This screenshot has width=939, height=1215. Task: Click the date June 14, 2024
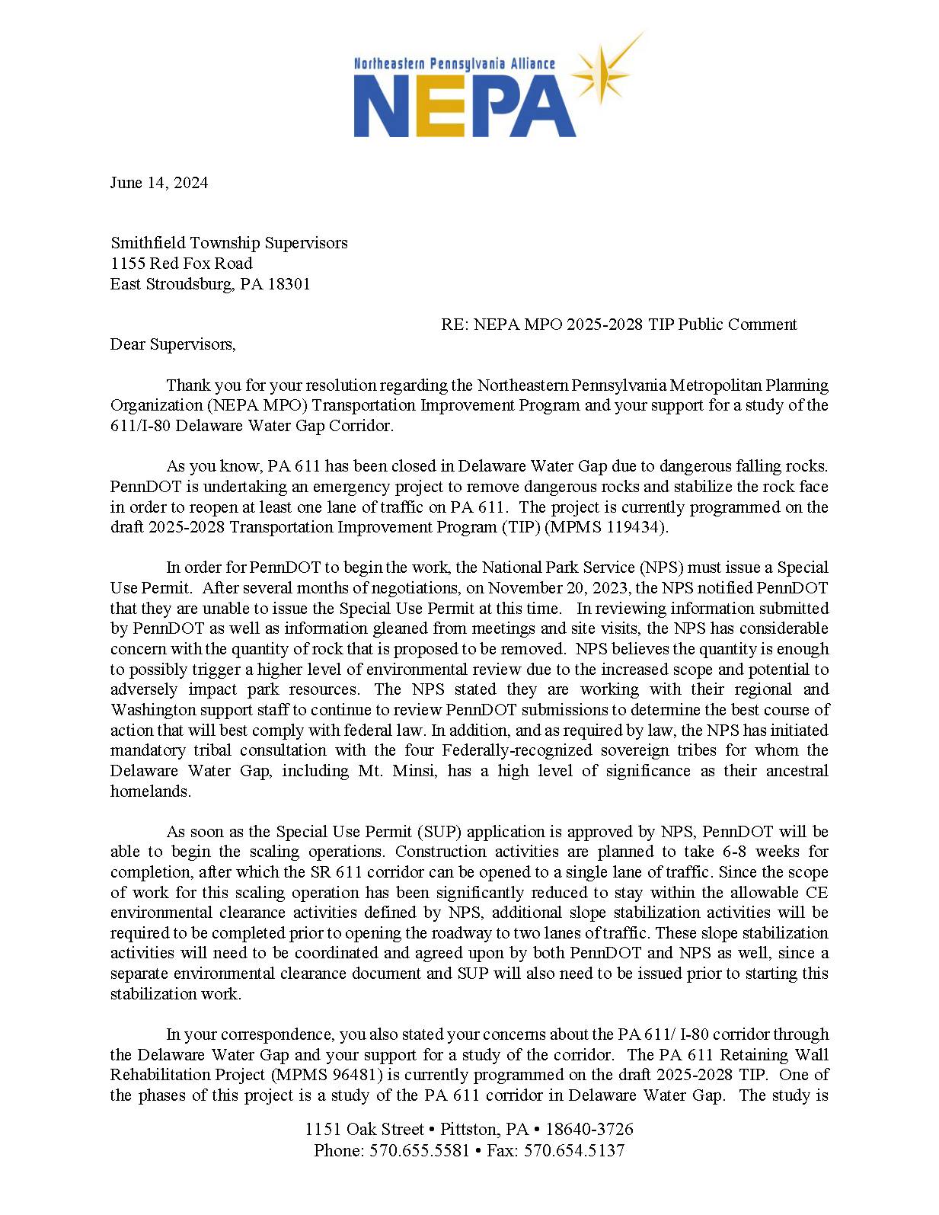[x=158, y=183]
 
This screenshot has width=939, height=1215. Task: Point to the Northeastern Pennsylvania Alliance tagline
[x=454, y=63]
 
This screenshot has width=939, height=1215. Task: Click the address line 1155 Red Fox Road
[x=181, y=264]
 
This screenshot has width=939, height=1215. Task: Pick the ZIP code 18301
[x=289, y=284]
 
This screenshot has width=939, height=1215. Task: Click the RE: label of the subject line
[x=455, y=325]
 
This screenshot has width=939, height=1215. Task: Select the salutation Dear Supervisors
[x=173, y=344]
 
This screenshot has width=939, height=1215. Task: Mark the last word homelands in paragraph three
[x=150, y=791]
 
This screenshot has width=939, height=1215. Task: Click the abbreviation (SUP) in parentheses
[x=438, y=832]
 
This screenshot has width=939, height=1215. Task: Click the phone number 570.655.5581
[x=420, y=1150]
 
